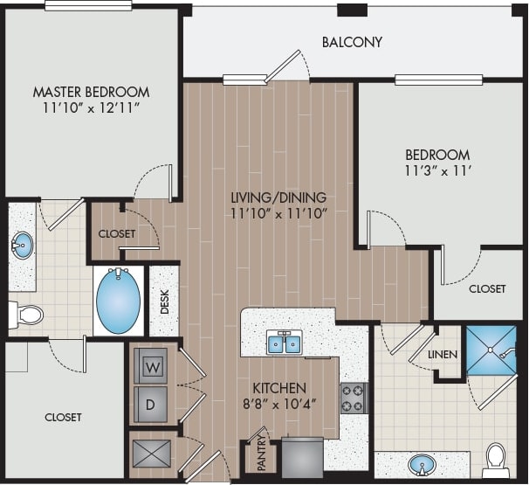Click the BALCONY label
tap(352, 42)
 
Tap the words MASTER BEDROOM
tap(91, 91)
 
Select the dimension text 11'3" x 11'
tap(437, 170)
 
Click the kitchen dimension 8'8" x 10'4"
tap(279, 404)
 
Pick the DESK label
tap(164, 301)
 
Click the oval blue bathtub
tap(117, 300)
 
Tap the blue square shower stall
tap(493, 350)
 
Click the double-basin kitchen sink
tap(284, 343)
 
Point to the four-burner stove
tap(354, 398)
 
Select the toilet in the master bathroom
tap(28, 314)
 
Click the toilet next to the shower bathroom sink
tap(495, 458)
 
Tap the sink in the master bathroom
tap(21, 244)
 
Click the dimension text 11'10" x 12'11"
tap(91, 108)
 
